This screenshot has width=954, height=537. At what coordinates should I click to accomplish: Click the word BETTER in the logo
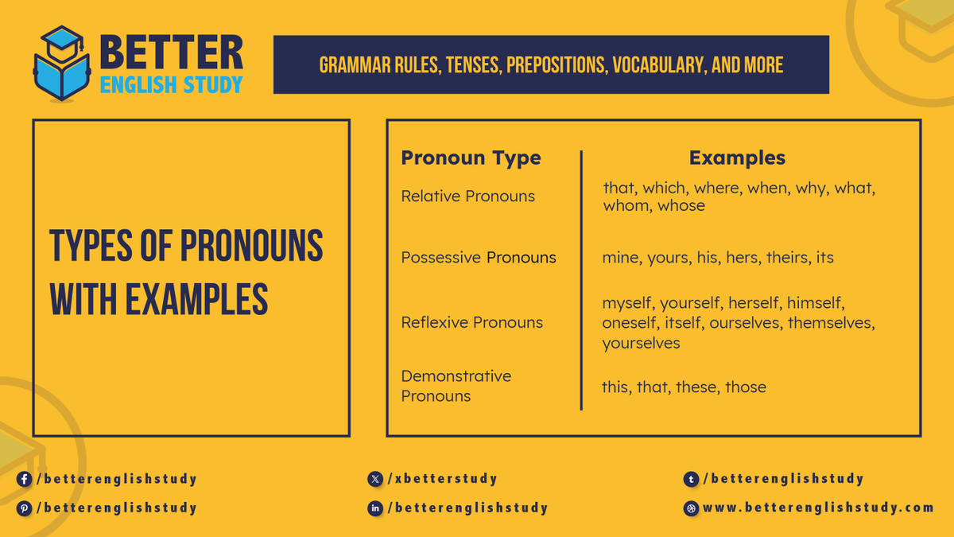pyautogui.click(x=172, y=53)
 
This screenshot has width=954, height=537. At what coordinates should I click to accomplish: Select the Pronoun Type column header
pyautogui.click(x=471, y=158)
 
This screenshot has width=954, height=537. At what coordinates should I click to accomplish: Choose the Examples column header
pyautogui.click(x=737, y=158)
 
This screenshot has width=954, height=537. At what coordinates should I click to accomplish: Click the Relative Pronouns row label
pyautogui.click(x=467, y=196)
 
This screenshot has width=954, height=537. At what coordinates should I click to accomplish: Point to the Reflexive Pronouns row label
pyautogui.click(x=471, y=322)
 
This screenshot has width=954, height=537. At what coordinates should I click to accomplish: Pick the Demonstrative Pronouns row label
pyautogui.click(x=456, y=386)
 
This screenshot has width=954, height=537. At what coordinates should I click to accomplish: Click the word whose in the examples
pyautogui.click(x=681, y=205)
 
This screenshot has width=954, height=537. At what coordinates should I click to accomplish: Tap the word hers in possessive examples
pyautogui.click(x=743, y=258)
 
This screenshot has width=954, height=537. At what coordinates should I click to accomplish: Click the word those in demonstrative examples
pyautogui.click(x=745, y=387)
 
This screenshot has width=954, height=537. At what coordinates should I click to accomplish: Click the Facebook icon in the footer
pyautogui.click(x=25, y=479)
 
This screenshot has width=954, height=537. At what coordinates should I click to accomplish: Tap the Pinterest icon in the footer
pyautogui.click(x=25, y=508)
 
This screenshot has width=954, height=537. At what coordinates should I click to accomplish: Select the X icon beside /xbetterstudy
pyautogui.click(x=375, y=479)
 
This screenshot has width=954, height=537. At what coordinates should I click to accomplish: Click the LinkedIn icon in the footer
pyautogui.click(x=375, y=508)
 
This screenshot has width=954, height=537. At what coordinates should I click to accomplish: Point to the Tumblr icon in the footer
pyautogui.click(x=692, y=479)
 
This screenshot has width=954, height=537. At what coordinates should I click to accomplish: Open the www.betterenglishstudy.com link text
pyautogui.click(x=818, y=508)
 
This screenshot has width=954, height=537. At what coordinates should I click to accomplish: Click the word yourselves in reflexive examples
pyautogui.click(x=641, y=343)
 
